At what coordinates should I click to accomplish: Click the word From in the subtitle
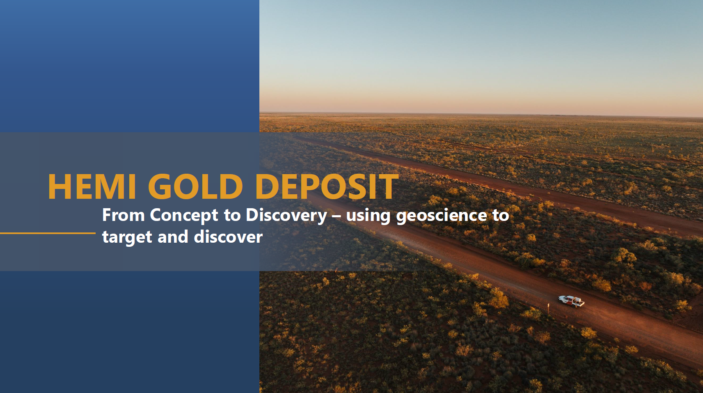(x=124, y=215)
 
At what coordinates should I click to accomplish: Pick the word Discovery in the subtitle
(x=286, y=216)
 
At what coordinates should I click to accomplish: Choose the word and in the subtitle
(x=173, y=237)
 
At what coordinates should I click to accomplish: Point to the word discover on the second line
(x=228, y=237)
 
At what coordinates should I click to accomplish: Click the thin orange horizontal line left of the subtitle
(x=48, y=233)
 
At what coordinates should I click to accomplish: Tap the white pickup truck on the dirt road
(x=571, y=301)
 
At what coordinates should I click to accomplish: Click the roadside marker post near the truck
(x=548, y=308)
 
